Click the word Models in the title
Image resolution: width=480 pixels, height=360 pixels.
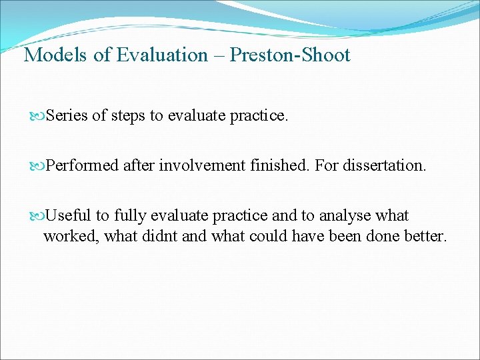point(55,55)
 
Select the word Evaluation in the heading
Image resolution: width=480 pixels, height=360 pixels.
point(162,55)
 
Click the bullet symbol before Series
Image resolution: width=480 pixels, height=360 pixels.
point(37,117)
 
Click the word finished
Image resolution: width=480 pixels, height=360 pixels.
point(276,165)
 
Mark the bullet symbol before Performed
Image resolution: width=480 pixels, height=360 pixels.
point(37,166)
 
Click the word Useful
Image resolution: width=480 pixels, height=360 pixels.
point(68,215)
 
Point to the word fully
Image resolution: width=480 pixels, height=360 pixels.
point(129,216)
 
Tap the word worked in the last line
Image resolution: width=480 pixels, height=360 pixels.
point(70,236)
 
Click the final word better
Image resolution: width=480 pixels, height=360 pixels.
point(423,236)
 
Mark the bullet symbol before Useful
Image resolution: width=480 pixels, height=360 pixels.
point(37,216)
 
